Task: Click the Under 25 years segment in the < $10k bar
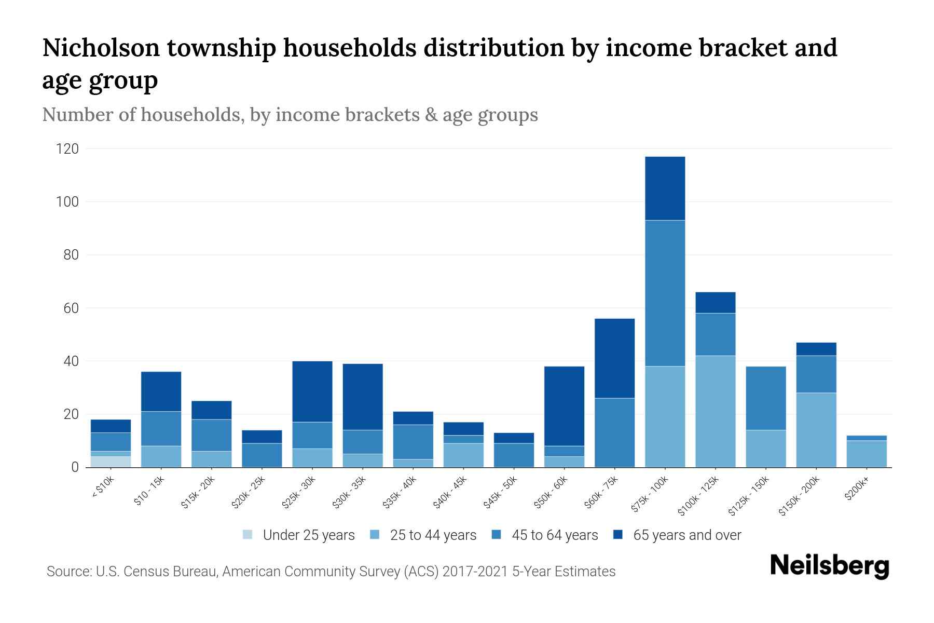[x=111, y=462]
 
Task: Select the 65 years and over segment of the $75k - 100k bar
[x=665, y=188]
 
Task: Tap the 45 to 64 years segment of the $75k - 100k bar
[x=665, y=293]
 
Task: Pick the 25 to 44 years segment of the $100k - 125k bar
[x=715, y=411]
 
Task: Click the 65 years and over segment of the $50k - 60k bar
[x=564, y=406]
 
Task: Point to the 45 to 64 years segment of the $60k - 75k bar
[x=614, y=432]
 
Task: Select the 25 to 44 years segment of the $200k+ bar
[x=867, y=454]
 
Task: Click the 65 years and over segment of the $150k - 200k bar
[x=816, y=349]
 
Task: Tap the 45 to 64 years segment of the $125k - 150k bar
[x=765, y=398]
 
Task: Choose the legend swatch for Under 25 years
[x=248, y=535]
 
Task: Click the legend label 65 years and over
[x=687, y=535]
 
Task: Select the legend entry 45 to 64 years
[x=555, y=535]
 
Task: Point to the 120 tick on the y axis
[x=67, y=149]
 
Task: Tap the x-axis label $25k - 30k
[x=299, y=492]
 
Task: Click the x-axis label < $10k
[x=103, y=489]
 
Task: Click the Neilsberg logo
[x=829, y=566]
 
